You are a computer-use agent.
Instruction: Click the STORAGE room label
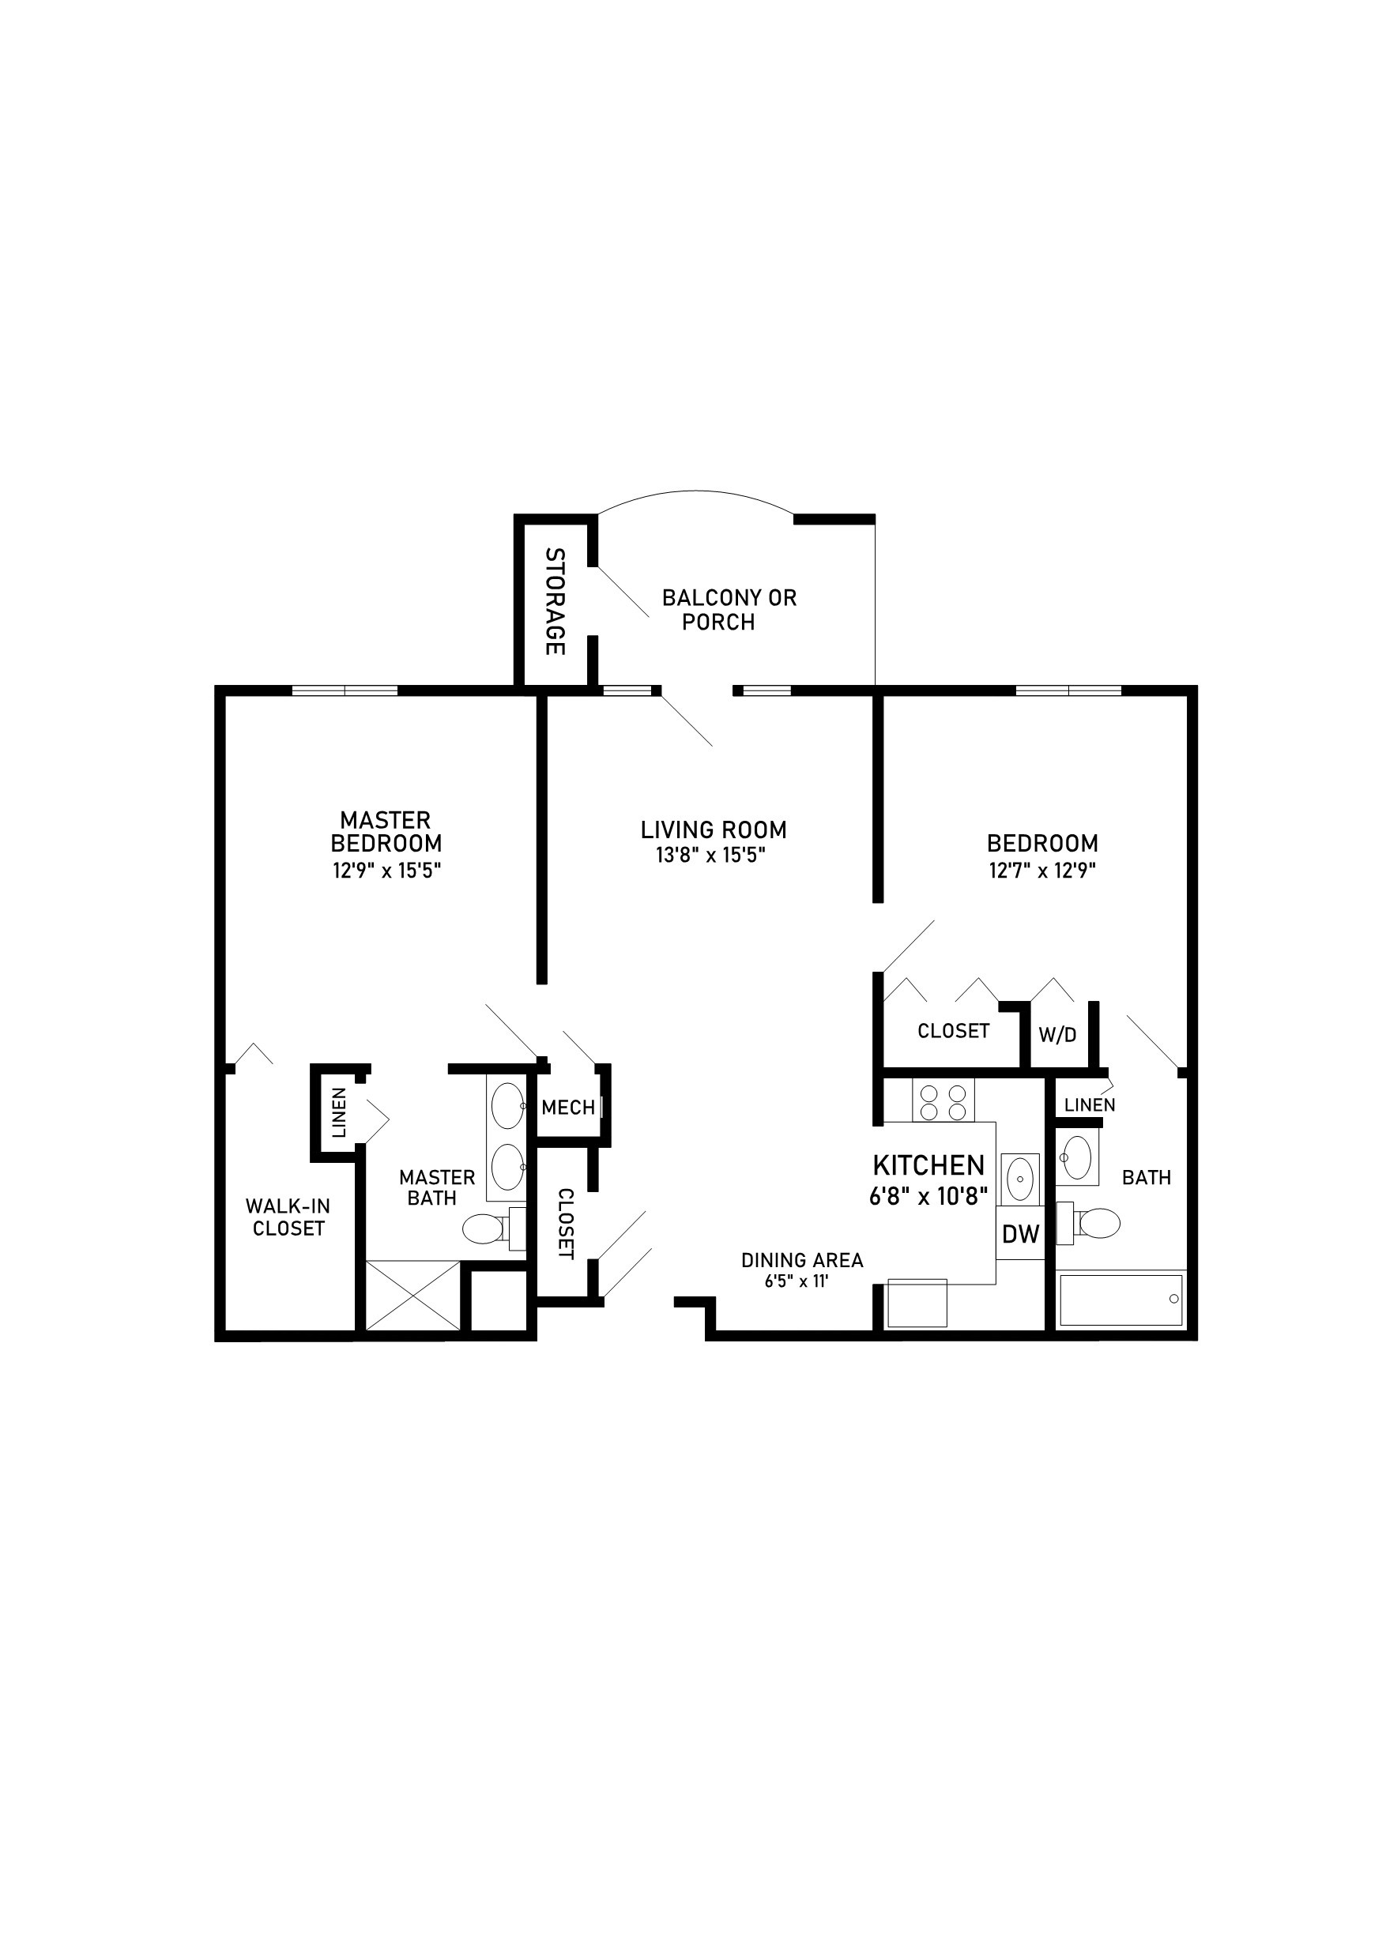[555, 601]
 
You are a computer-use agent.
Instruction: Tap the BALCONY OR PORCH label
[729, 610]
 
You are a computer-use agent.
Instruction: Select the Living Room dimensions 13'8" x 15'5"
[710, 855]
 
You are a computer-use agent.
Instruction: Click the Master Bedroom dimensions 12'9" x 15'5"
[386, 871]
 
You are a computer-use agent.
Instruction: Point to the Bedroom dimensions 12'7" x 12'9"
[1041, 871]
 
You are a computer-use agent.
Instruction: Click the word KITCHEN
[928, 1165]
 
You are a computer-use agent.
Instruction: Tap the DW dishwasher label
[1020, 1233]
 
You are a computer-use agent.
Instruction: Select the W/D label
[1057, 1036]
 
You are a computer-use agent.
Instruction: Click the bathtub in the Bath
[1120, 1300]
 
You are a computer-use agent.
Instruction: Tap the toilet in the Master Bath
[484, 1230]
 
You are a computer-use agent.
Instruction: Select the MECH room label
[568, 1108]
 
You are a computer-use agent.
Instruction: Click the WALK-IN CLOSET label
[288, 1217]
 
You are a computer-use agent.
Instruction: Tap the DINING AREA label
[802, 1260]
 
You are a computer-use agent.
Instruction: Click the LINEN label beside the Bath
[1090, 1104]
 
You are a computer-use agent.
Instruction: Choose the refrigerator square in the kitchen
[917, 1303]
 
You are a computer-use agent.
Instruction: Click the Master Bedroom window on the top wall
[345, 690]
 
